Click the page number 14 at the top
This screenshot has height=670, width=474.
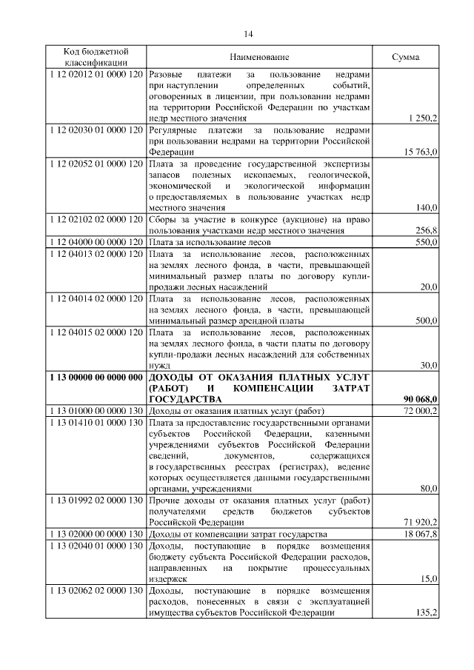(248, 34)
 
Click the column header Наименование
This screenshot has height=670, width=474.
(258, 57)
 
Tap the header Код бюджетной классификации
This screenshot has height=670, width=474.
(96, 57)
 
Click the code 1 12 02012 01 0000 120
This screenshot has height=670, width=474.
(96, 76)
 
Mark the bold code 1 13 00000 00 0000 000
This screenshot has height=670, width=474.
(96, 377)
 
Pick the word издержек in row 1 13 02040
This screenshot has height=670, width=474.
(167, 579)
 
